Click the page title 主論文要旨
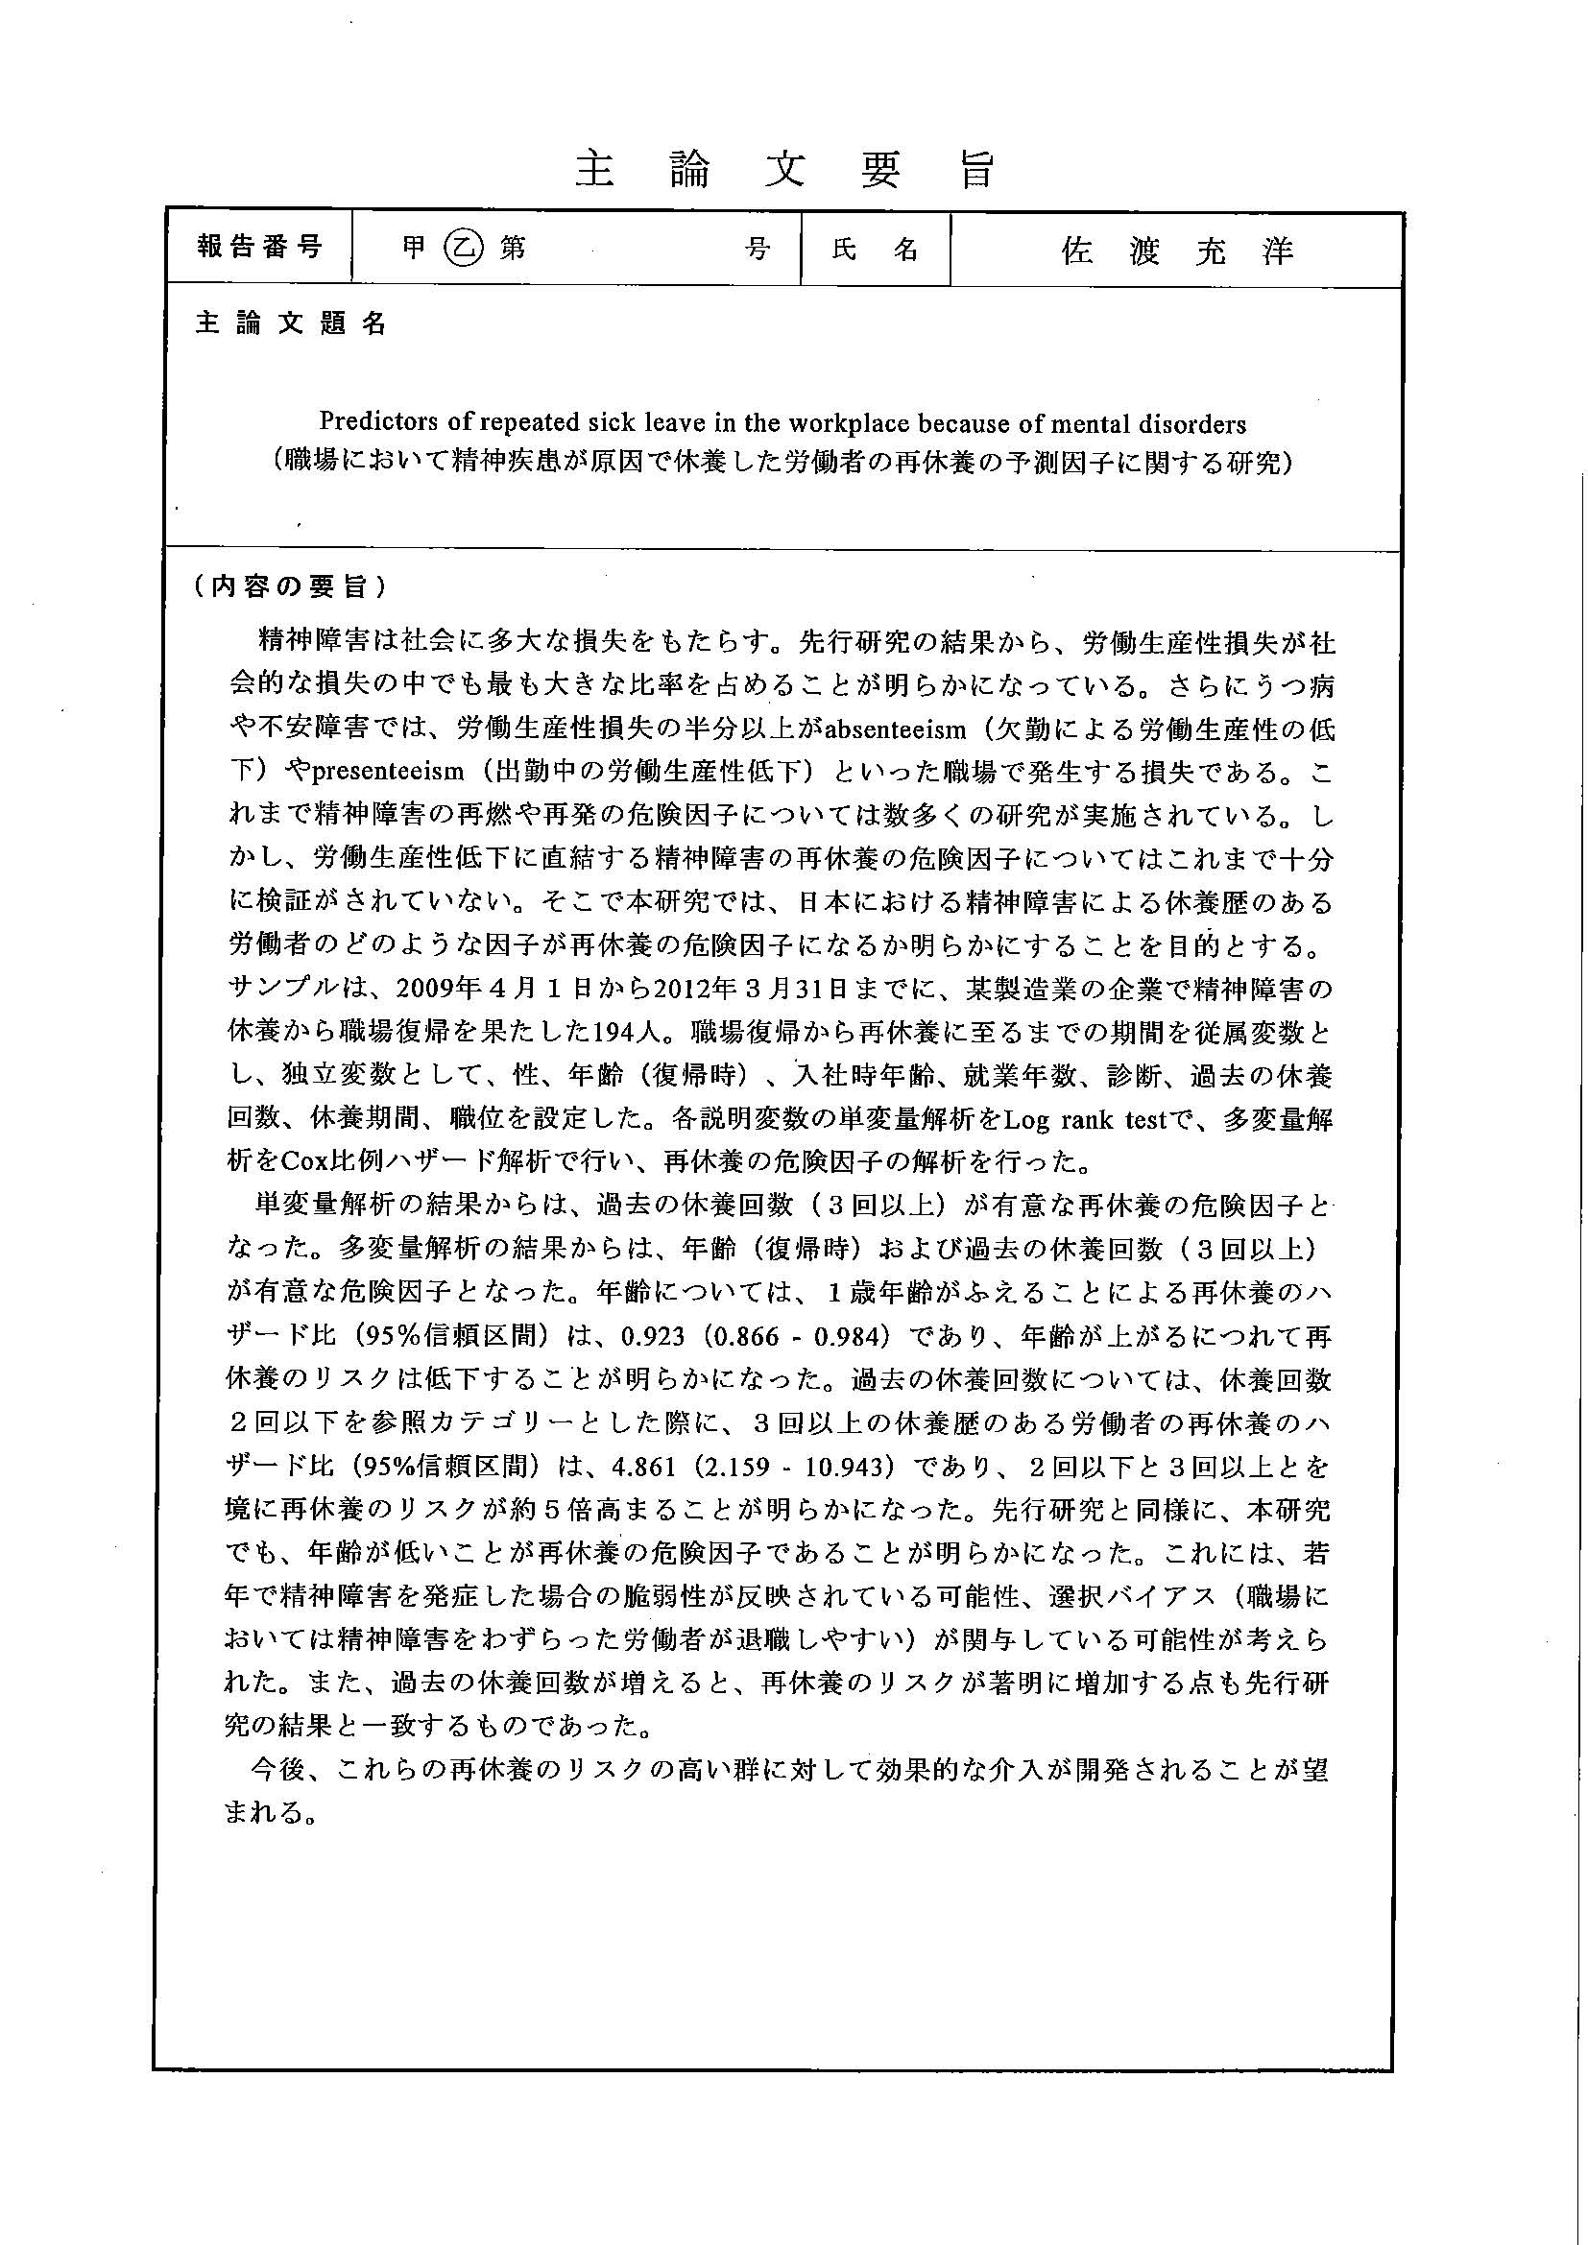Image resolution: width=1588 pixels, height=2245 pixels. [784, 170]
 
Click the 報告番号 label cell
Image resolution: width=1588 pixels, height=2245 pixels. [259, 249]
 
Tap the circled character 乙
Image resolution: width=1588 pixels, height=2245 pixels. [463, 250]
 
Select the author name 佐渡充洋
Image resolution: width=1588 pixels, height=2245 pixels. [1177, 252]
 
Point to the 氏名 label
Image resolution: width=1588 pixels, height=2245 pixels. [876, 251]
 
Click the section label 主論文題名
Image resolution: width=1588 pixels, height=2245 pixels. [290, 324]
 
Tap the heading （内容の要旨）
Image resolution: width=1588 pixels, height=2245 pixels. [290, 586]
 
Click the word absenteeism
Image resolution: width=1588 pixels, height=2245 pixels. [896, 729]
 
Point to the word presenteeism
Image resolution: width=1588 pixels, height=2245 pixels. [387, 773]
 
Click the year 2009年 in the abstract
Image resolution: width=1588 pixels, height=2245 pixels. [428, 990]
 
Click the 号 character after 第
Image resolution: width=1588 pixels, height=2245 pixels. [757, 250]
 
